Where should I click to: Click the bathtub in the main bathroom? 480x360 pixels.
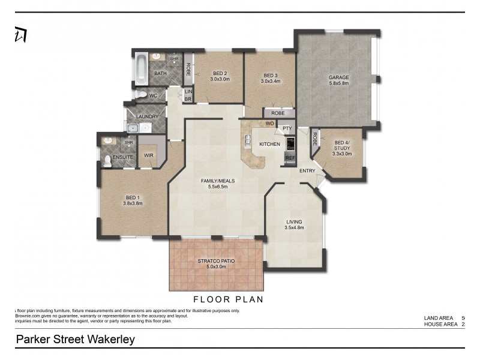141,69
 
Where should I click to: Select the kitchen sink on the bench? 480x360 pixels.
247,142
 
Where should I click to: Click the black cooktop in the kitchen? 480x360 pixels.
290,144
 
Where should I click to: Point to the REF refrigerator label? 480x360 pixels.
290,158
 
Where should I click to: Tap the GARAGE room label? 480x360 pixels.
338,77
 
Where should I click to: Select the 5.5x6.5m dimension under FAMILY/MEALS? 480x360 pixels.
218,187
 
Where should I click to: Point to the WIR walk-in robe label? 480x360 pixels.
148,156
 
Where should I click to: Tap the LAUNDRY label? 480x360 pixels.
147,116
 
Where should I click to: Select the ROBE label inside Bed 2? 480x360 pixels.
188,69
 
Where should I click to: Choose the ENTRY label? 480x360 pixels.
308,171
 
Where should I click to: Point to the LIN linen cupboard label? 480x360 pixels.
188,91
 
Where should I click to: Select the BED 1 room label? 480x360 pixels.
133,197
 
